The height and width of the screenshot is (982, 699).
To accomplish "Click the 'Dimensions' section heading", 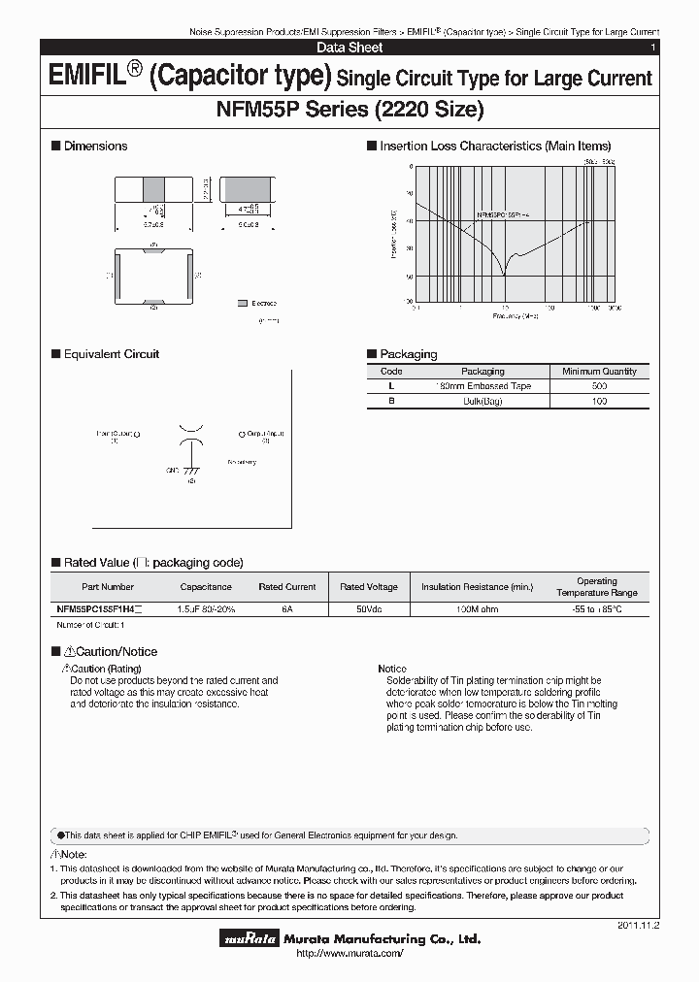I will [95, 146].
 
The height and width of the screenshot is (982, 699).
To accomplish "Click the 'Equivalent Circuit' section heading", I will [111, 354].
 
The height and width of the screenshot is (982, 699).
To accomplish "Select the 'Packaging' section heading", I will [408, 354].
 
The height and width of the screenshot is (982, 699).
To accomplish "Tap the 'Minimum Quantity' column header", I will [599, 372].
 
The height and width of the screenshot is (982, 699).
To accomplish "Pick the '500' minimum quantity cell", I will [599, 386].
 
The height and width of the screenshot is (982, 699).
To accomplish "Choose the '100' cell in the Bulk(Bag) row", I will [599, 401].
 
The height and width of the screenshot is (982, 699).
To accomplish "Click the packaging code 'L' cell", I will [391, 386].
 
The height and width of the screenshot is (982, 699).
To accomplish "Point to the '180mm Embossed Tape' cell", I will [483, 386].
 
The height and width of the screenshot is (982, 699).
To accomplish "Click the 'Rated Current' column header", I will [287, 587].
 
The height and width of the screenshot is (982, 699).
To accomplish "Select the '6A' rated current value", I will [287, 608].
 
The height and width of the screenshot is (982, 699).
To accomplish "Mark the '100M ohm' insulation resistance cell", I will [477, 608].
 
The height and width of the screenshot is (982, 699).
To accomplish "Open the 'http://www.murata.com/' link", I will [349, 955].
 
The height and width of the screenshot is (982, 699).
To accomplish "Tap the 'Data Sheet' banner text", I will [349, 47].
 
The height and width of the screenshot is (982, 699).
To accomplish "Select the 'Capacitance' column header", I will [206, 587].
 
